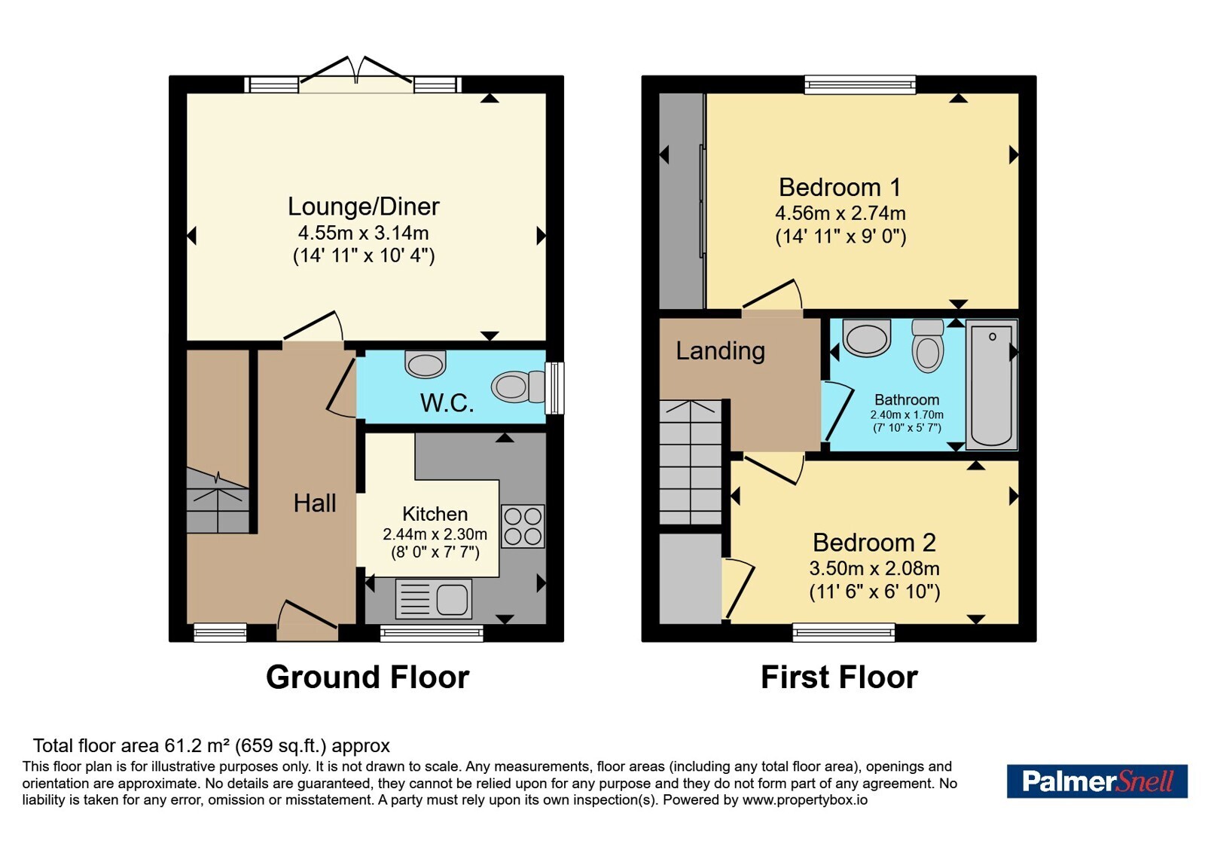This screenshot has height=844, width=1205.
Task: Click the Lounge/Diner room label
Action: [364, 206]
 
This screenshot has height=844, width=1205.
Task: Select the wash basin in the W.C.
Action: [426, 364]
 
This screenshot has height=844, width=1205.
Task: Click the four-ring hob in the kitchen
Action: [523, 527]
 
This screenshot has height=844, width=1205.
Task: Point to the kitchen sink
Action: [434, 598]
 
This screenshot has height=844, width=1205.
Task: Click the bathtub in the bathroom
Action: [991, 385]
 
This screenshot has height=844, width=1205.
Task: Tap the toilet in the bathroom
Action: [928, 346]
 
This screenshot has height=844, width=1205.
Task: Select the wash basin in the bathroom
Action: [867, 338]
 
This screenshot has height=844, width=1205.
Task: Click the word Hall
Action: [315, 503]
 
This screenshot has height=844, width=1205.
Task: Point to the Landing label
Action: [720, 351]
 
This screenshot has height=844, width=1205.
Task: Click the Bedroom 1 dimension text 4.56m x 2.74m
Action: [840, 213]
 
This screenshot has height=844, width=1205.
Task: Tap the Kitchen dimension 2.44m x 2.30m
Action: [435, 534]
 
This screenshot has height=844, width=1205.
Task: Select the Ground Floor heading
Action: [368, 677]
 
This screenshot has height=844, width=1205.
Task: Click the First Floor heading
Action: [839, 677]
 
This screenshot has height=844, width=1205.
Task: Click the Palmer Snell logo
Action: [1097, 781]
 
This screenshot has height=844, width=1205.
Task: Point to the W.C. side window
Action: [554, 388]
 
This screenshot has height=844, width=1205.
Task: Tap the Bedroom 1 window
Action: [859, 84]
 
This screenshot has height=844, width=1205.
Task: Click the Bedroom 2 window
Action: [843, 632]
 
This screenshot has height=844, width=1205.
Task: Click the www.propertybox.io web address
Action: [805, 800]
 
